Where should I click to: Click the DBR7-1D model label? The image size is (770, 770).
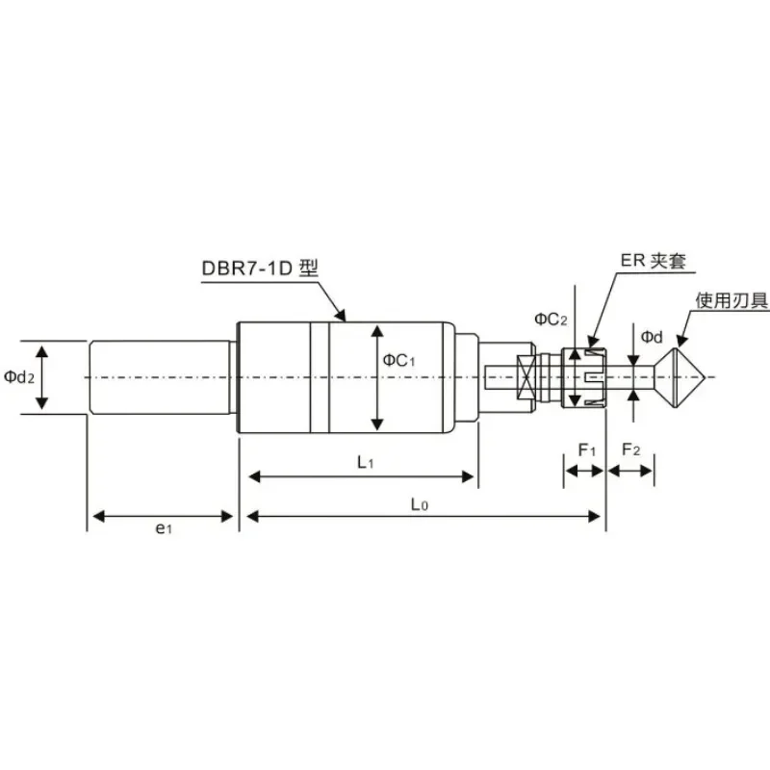pyautogui.click(x=260, y=269)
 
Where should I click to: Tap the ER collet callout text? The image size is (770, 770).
pyautogui.click(x=653, y=260)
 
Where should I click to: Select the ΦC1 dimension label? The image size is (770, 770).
pyautogui.click(x=398, y=360)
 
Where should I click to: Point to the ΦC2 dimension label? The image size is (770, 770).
pyautogui.click(x=551, y=320)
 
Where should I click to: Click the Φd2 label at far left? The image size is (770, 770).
pyautogui.click(x=19, y=377)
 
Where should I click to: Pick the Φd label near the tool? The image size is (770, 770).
pyautogui.click(x=652, y=337)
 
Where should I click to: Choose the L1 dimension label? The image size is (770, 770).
pyautogui.click(x=366, y=462)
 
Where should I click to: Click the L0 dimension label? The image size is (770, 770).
pyautogui.click(x=420, y=504)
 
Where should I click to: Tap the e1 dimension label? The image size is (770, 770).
pyautogui.click(x=164, y=528)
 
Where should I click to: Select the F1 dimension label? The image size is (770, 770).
pyautogui.click(x=587, y=449)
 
